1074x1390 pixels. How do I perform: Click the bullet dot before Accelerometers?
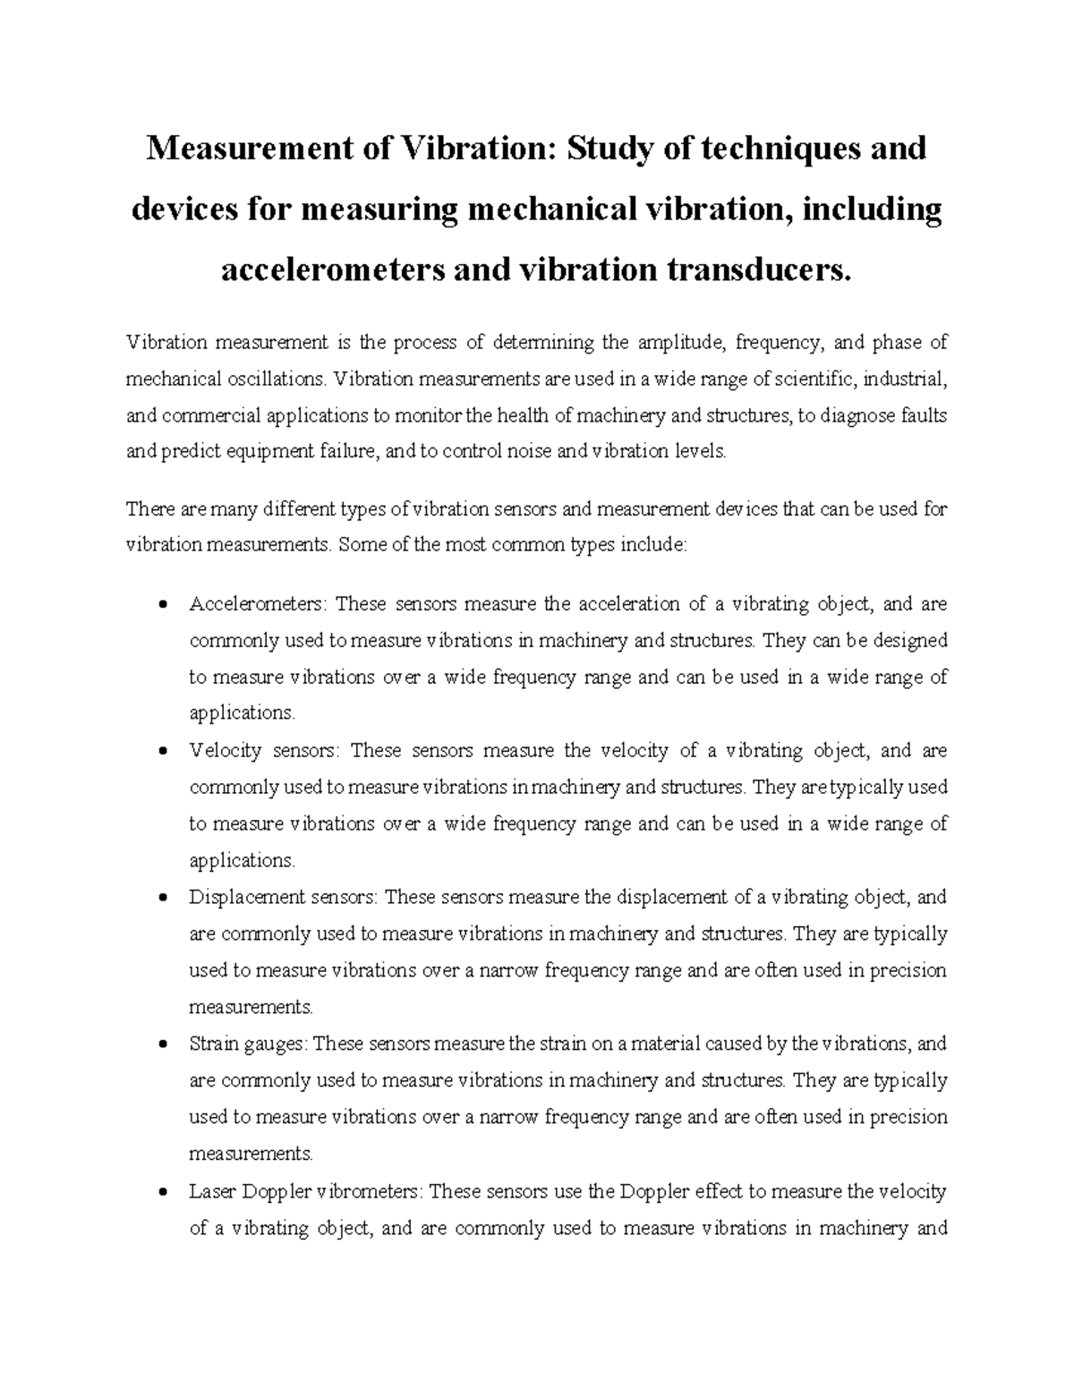[162, 605]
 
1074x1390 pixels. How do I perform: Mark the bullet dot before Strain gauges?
[162, 1045]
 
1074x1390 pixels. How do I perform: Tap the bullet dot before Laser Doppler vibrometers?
[162, 1192]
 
